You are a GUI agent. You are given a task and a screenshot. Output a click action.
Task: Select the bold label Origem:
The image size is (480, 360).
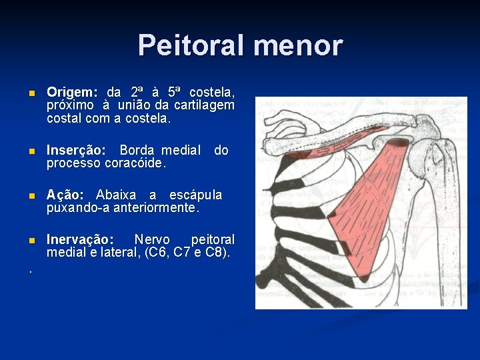click(72, 91)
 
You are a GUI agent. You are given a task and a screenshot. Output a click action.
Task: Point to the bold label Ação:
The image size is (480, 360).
click(65, 195)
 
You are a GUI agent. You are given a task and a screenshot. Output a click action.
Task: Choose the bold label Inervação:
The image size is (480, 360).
click(80, 239)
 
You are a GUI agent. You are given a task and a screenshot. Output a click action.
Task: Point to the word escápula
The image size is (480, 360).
click(196, 195)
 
